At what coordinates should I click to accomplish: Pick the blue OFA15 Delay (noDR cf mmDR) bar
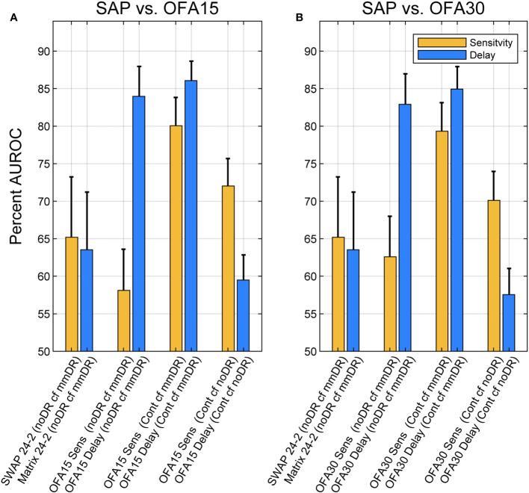[140, 223]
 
